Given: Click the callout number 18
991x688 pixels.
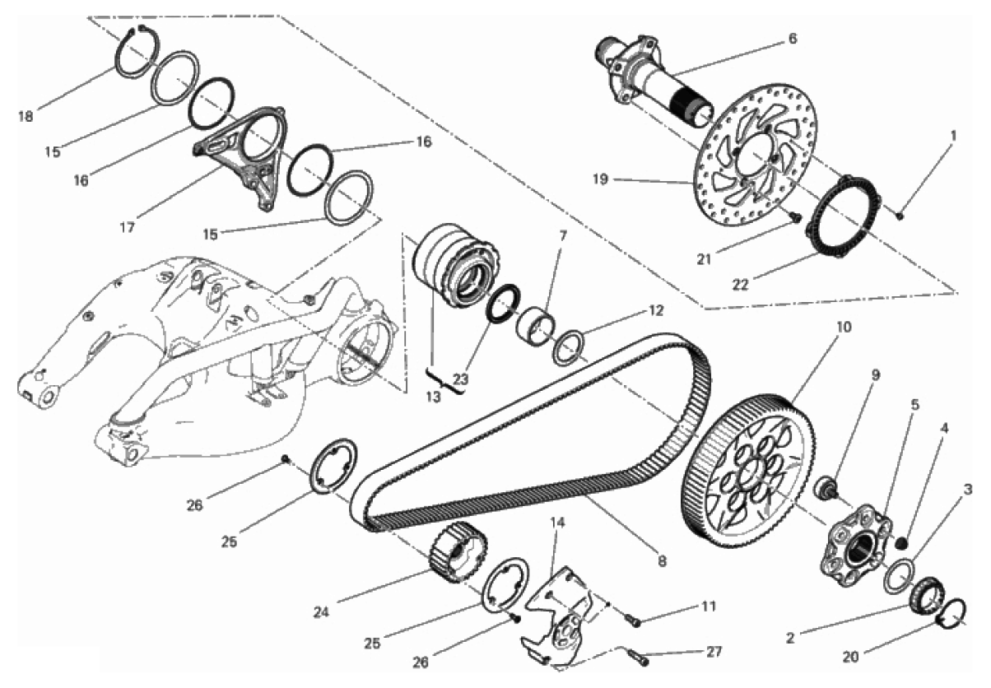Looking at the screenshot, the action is point(26,117).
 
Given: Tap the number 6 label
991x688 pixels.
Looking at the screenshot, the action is point(793,39).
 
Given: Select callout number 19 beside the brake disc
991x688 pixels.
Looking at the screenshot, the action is point(600,179).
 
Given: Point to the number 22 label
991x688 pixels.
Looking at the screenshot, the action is point(740,285).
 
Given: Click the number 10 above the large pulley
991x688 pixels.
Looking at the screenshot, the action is point(844,327).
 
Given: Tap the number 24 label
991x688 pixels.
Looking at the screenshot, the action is point(322,612).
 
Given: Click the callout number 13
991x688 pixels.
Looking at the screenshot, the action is point(433,397).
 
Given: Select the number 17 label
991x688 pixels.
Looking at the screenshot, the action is point(127,227).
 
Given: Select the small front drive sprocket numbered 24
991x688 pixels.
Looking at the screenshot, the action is point(458,551).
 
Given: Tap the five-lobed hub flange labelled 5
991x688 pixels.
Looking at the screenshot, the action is point(855,546).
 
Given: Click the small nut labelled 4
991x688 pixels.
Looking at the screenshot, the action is point(901,542).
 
